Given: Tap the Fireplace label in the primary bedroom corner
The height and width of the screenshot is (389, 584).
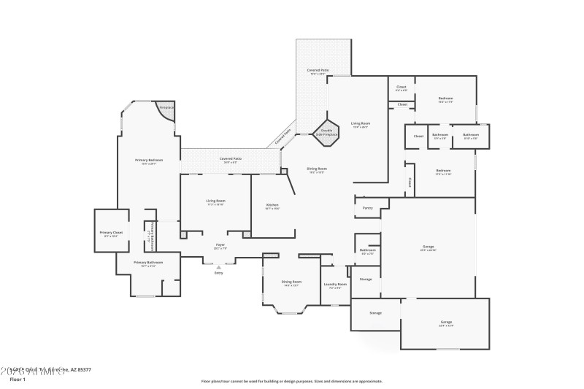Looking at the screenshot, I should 166,107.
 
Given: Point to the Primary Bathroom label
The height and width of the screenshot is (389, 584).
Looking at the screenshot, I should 148,262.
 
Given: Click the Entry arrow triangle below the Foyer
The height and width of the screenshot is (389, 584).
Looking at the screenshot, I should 218,267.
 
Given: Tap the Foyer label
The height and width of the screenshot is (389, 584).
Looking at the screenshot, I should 220,244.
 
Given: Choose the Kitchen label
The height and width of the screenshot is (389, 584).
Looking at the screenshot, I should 272,205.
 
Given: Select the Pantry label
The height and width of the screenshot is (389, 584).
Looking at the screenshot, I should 367,208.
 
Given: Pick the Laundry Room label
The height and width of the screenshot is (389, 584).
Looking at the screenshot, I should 335,284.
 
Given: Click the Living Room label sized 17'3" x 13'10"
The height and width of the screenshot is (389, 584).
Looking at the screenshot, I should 215,201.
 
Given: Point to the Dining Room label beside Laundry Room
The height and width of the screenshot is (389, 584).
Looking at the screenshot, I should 291,282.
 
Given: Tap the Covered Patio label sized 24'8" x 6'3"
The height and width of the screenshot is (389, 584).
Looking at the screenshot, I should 231,158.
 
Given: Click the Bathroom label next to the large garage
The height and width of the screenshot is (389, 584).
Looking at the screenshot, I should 367,250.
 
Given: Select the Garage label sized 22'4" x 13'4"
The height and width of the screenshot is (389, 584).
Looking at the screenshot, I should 446,322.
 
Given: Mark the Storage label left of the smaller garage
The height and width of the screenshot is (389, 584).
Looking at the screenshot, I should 375,313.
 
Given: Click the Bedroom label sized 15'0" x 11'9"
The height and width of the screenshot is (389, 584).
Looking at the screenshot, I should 445,99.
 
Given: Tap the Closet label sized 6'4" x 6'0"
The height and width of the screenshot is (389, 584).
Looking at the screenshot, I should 401,87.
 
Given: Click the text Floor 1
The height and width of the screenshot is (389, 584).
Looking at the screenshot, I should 17,380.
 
